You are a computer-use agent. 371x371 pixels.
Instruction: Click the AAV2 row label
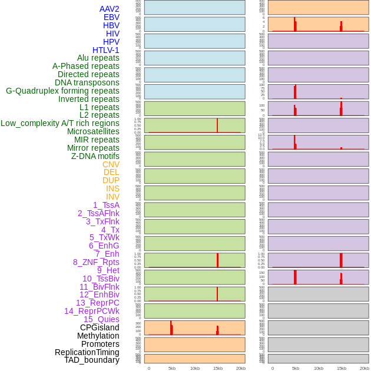point(109,9)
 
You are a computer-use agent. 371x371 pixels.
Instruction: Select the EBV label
point(111,17)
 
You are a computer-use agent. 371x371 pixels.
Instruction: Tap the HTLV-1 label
point(105,50)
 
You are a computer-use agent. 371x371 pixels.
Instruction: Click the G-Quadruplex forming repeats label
point(62,91)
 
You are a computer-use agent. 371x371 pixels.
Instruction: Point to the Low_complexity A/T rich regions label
point(60,123)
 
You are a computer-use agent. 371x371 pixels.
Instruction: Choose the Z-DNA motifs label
point(95,156)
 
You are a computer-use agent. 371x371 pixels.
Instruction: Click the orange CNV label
point(111,164)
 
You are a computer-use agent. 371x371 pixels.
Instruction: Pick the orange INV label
point(112,197)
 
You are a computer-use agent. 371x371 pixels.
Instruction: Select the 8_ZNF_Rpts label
point(96,262)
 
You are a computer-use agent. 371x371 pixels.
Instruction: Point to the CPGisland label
point(100,327)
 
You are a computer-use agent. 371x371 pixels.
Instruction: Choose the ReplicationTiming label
point(87,352)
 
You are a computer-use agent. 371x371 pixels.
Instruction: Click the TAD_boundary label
point(91,360)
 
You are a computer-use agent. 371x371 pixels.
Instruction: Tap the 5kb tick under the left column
point(172,368)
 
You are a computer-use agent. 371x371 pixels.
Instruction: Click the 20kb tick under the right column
point(365,368)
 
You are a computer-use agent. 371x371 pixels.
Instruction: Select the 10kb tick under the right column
point(319,368)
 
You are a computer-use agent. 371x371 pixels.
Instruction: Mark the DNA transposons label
point(87,82)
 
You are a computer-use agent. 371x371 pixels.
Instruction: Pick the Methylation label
point(98,336)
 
